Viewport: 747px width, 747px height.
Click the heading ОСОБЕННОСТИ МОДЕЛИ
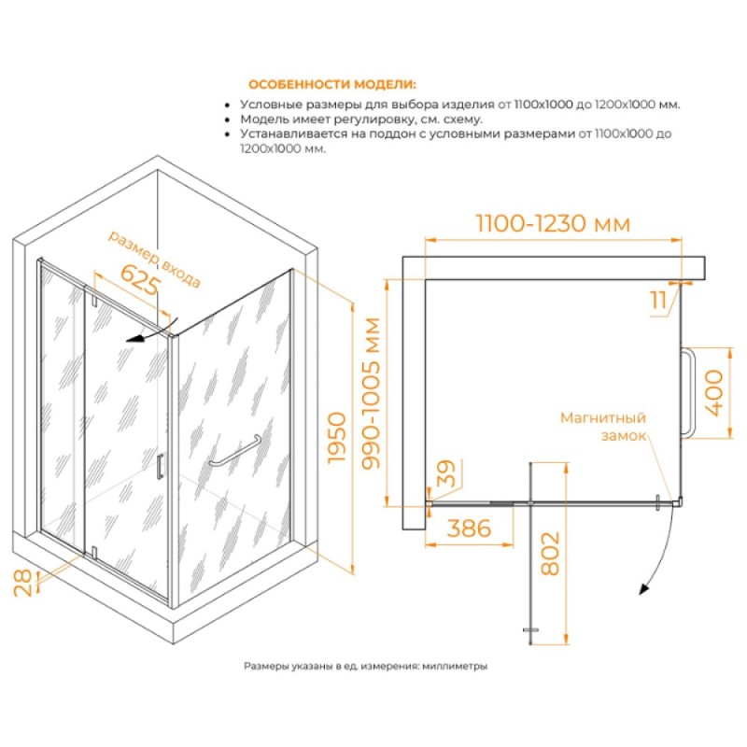click(x=332, y=85)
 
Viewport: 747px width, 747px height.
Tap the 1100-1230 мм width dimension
click(x=553, y=223)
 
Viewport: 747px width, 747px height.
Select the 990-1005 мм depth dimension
click(x=371, y=393)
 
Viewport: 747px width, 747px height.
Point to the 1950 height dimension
click(x=337, y=437)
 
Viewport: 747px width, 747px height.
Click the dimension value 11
click(x=658, y=300)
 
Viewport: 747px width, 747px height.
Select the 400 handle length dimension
click(x=713, y=393)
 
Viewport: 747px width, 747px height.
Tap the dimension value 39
click(x=446, y=473)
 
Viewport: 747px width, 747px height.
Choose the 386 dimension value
click(x=470, y=528)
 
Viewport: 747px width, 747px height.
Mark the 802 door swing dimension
click(x=550, y=554)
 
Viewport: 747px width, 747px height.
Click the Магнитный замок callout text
click(x=603, y=427)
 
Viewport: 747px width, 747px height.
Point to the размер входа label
click(x=154, y=259)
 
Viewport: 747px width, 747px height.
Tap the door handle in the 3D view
click(x=160, y=466)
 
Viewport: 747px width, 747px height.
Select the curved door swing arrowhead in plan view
click(x=644, y=589)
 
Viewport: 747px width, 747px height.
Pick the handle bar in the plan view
click(x=688, y=392)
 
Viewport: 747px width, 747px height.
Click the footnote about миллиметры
click(x=365, y=666)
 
